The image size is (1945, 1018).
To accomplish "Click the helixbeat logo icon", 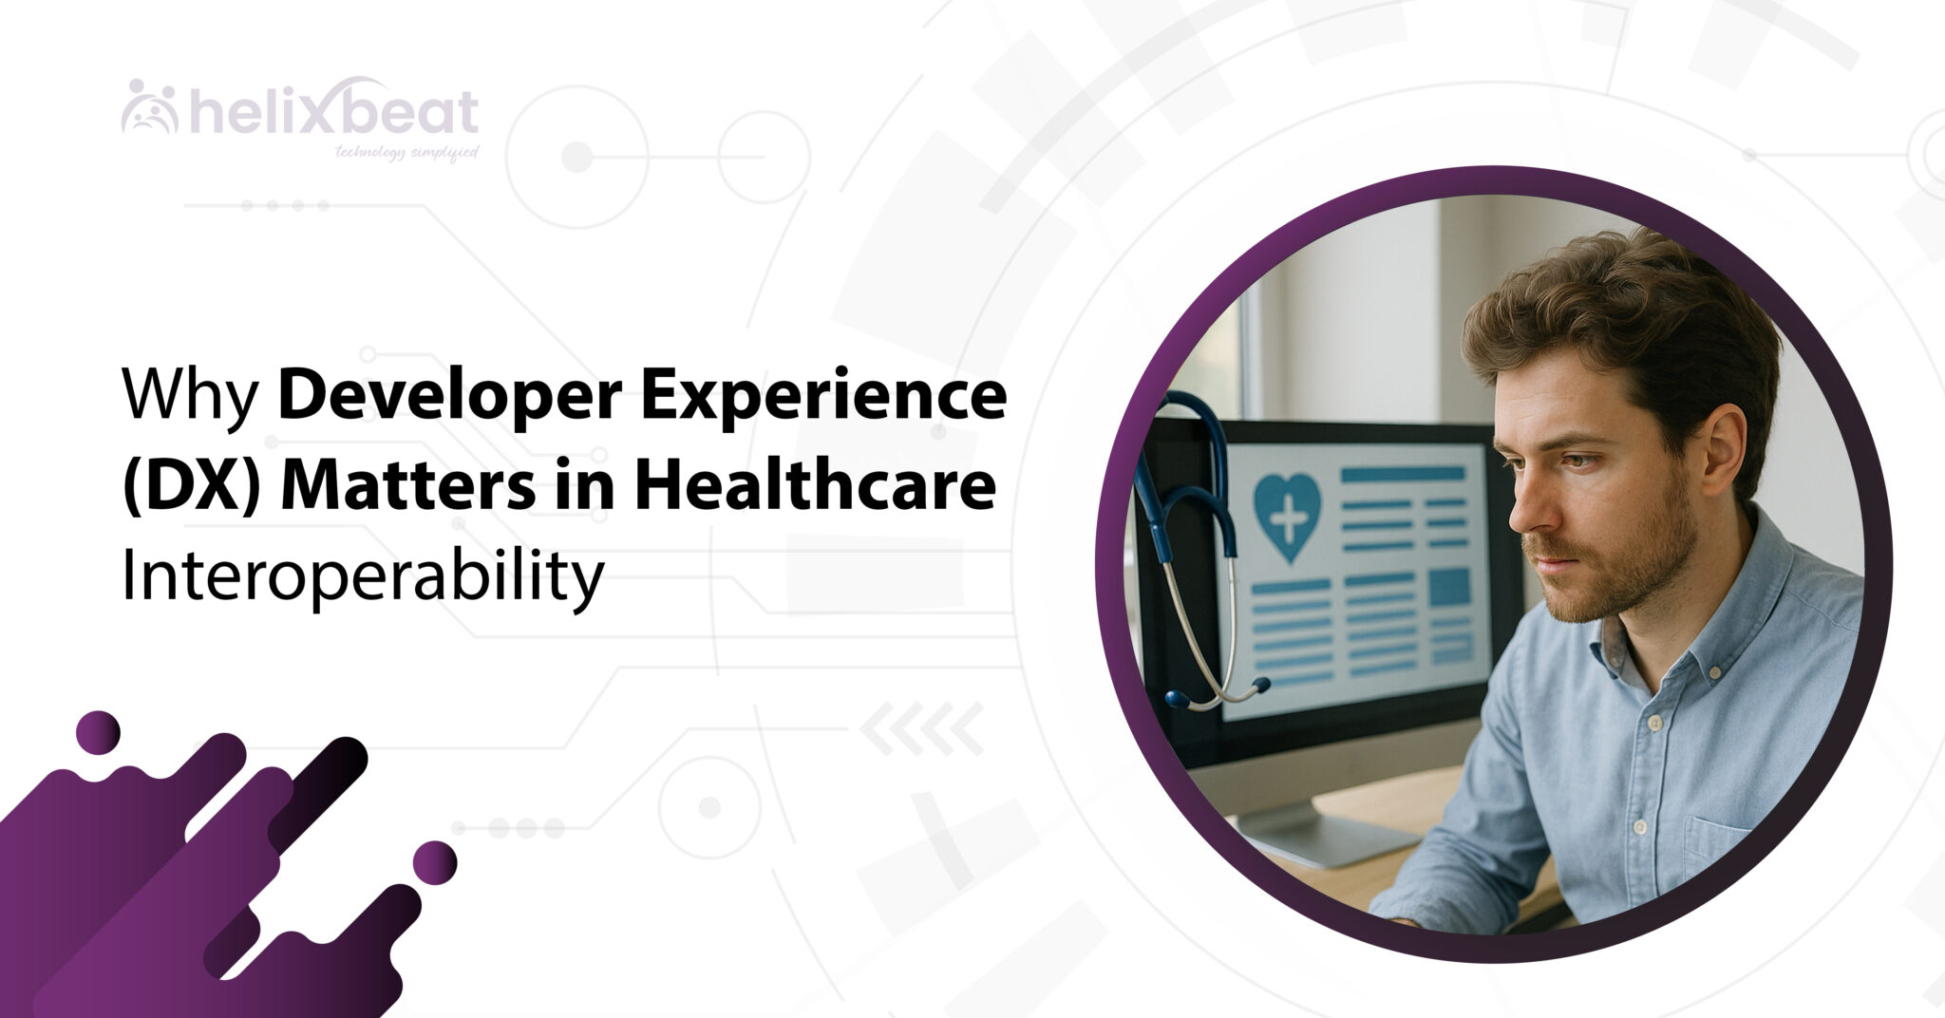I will coord(150,107).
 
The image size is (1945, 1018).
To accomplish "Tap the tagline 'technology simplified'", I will coord(406,152).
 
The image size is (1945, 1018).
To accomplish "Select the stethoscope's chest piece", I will coord(1178,699).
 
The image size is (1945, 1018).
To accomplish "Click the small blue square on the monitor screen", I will coord(1449,587).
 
